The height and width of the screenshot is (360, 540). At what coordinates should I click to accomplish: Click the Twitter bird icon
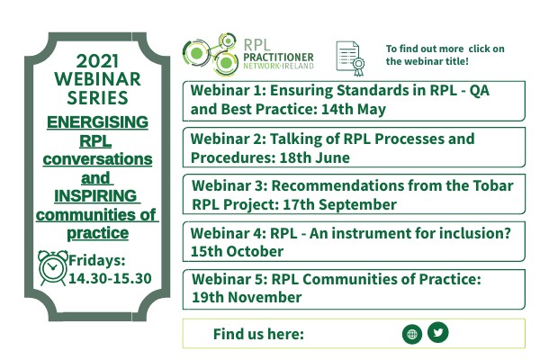point(437,332)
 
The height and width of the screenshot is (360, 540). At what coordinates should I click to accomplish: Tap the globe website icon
point(412,334)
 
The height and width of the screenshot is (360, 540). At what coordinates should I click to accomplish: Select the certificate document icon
point(349,57)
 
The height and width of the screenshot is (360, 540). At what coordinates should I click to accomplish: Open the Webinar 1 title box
point(354,100)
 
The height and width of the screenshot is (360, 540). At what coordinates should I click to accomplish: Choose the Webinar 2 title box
point(354,148)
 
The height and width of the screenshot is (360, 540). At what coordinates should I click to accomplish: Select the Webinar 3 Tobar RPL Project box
point(354,194)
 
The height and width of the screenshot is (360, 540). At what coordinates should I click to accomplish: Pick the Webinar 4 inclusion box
point(354,241)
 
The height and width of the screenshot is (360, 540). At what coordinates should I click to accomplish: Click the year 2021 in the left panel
point(98,61)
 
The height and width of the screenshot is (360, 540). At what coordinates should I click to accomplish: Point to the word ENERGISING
point(98,122)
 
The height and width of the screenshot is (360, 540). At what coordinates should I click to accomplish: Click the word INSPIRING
point(88,196)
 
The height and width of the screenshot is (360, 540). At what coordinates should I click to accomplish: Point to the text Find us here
point(258,334)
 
